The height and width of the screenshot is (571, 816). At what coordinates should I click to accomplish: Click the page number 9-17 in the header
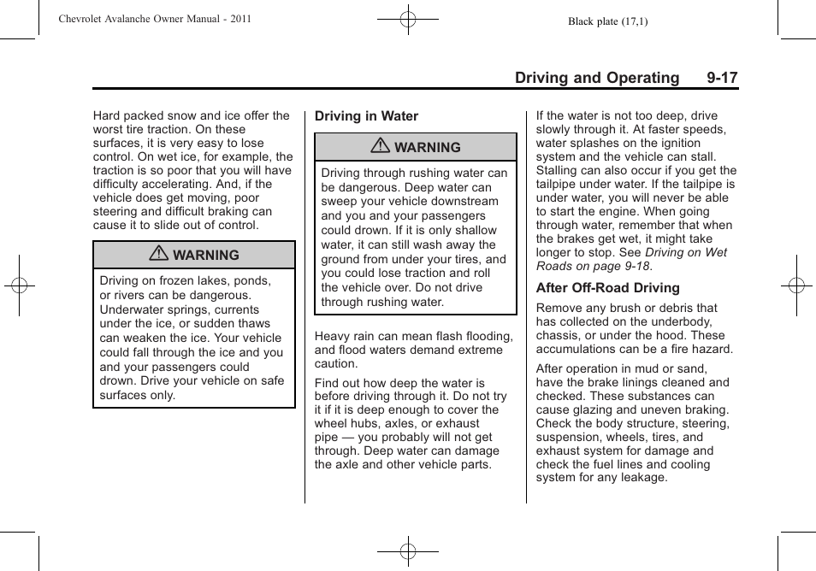click(722, 78)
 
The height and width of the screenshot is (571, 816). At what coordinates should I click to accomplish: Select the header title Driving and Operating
click(596, 78)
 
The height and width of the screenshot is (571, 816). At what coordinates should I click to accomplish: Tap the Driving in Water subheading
click(366, 116)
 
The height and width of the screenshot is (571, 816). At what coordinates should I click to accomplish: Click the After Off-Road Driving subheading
click(607, 288)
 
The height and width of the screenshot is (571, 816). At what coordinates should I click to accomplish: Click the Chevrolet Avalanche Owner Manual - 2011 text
click(155, 19)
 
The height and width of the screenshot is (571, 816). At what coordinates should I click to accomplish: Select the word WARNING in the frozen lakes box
click(205, 255)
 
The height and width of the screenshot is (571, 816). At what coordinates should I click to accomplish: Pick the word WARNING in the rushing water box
click(427, 147)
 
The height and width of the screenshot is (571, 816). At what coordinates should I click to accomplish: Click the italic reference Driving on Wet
click(686, 252)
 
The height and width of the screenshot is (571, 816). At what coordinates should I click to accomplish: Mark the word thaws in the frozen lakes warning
click(253, 323)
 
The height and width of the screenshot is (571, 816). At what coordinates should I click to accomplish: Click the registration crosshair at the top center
click(408, 18)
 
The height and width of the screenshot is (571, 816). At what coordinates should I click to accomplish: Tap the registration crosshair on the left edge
click(18, 285)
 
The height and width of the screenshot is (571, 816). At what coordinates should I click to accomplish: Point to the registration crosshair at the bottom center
click(408, 551)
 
